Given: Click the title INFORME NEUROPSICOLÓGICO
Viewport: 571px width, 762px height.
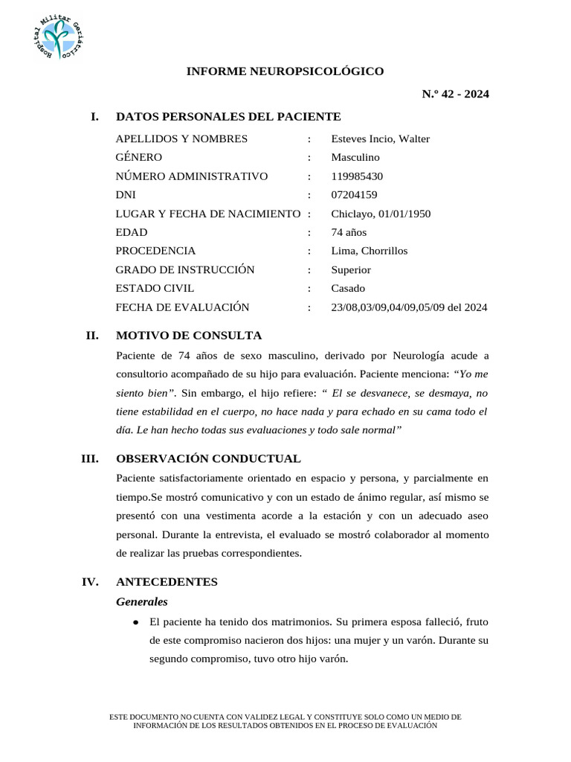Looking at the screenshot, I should tap(285, 71).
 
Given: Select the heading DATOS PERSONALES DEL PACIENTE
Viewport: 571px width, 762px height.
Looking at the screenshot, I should tap(228, 117).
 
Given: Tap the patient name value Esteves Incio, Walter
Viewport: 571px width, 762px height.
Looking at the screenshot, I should tap(380, 139).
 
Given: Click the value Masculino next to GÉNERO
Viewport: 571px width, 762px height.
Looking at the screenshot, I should tap(355, 158).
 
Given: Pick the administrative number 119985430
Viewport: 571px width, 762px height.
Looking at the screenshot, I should tap(358, 176).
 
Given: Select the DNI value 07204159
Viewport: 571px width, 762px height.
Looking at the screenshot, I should tap(354, 195).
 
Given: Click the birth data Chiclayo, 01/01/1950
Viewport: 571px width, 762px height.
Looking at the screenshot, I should tap(381, 214).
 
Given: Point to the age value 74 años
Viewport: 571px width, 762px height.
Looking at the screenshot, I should tap(349, 232).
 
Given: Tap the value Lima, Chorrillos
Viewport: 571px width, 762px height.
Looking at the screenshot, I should tap(370, 251).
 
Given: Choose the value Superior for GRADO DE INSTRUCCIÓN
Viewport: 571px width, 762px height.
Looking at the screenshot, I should tap(351, 269).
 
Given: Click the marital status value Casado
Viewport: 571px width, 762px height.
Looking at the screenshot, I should tap(348, 288).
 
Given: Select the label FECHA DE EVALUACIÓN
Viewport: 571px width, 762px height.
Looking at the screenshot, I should tap(183, 307).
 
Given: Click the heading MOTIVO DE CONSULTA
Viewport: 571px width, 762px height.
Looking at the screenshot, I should tap(189, 336).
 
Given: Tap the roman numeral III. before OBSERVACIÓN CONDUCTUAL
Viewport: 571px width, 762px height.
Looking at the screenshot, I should tap(91, 458).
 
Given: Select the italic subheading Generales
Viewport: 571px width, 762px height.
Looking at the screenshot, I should tap(142, 601).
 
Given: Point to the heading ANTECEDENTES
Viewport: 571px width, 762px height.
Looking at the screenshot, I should tap(167, 582).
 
